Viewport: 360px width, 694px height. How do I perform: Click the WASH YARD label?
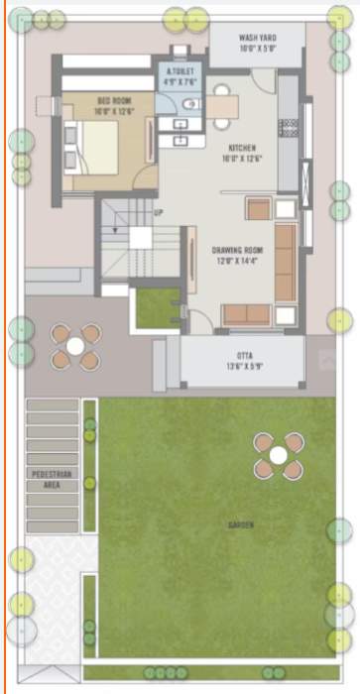tap(257, 41)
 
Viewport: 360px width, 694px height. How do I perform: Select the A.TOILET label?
tap(180, 72)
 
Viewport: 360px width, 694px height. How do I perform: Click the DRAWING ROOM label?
tap(236, 251)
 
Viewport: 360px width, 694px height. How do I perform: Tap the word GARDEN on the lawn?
tap(239, 524)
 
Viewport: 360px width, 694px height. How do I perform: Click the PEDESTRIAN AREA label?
tap(53, 480)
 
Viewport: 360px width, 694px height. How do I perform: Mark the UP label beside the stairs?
tap(159, 212)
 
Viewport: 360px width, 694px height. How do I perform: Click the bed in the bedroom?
tap(93, 144)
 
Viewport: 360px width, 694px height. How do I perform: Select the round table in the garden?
tap(278, 455)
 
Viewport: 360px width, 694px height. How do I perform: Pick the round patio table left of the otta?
tap(75, 346)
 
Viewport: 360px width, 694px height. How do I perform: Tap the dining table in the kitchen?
tap(222, 108)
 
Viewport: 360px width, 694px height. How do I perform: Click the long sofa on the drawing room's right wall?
tap(285, 262)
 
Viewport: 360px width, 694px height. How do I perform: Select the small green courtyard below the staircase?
tap(157, 308)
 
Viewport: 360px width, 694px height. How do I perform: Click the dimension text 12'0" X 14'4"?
tap(236, 263)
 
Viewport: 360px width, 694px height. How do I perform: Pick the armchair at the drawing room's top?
tap(258, 208)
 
